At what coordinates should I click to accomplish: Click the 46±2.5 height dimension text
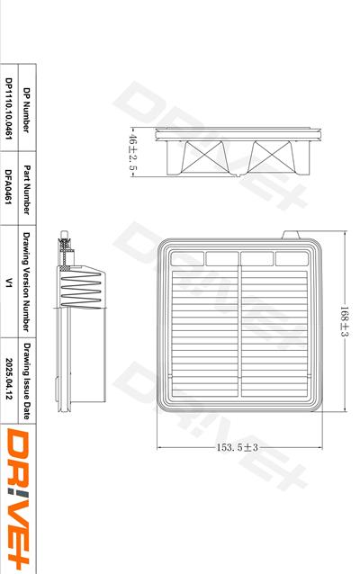click(x=132, y=152)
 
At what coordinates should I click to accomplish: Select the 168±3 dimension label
click(x=344, y=321)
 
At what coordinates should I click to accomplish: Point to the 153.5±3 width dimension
click(x=238, y=447)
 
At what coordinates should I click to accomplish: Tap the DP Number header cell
click(x=26, y=110)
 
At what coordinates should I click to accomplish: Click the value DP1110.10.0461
click(x=9, y=108)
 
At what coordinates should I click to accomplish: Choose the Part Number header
click(x=26, y=190)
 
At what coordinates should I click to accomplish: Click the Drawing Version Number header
click(x=26, y=282)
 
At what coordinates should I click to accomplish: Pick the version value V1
click(x=9, y=283)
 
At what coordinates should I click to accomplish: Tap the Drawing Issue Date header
click(x=26, y=381)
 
